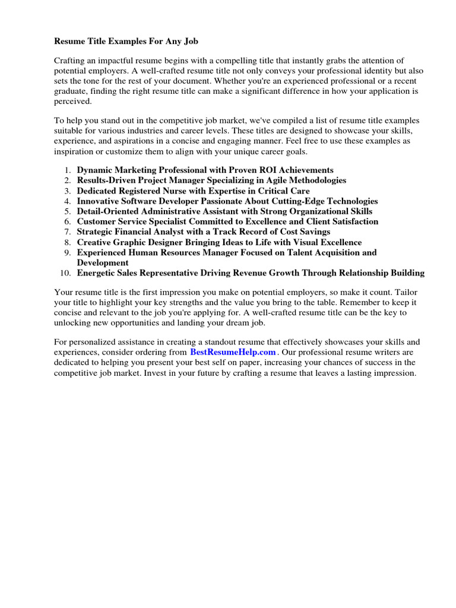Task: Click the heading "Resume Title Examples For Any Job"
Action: click(126, 42)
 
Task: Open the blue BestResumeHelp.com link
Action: click(233, 352)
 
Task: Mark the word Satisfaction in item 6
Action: click(352, 221)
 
